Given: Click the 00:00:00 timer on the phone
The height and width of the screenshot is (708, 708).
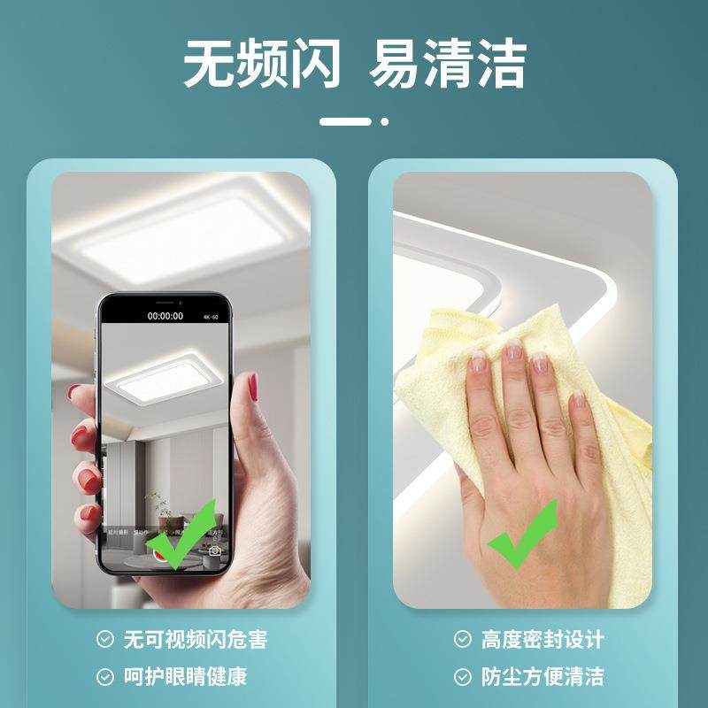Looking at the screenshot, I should (x=165, y=315).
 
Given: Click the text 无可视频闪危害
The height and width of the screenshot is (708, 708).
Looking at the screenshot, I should (x=195, y=639).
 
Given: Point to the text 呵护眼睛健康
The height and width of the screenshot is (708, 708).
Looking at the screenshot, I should (x=184, y=678).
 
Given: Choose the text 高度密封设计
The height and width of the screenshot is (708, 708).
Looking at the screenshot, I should (x=543, y=639).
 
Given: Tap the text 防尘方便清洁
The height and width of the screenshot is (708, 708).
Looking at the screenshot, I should (x=543, y=678).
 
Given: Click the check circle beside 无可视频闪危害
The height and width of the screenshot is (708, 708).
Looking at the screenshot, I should (x=105, y=639).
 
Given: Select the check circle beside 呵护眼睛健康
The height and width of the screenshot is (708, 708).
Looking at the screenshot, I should (x=105, y=678).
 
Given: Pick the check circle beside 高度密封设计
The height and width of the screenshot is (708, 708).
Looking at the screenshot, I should (x=463, y=639).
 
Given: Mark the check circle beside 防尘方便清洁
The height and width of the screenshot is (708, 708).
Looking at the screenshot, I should (x=463, y=678).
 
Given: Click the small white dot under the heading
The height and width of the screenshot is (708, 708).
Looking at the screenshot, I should (x=384, y=120).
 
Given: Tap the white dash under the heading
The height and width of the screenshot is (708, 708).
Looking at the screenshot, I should (x=345, y=120).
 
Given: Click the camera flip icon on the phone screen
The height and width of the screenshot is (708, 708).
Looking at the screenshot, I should (x=214, y=550).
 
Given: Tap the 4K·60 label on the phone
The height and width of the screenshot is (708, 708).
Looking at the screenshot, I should (x=211, y=315).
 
